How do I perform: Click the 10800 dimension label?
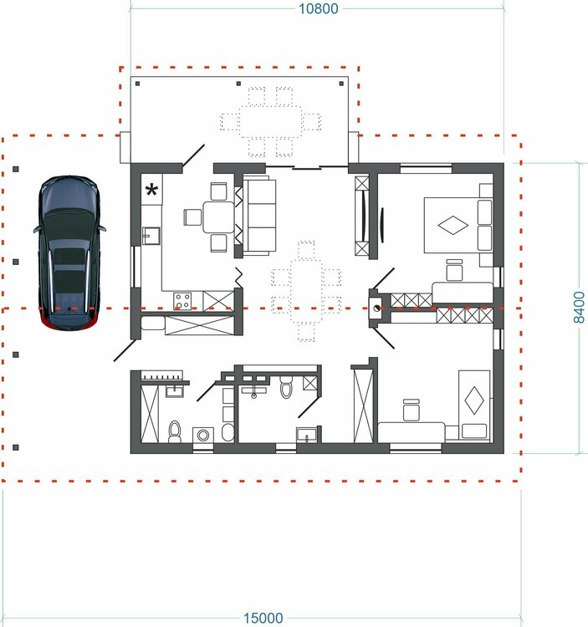(x=319, y=8)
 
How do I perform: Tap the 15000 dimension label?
(x=263, y=618)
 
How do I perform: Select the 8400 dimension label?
(x=579, y=307)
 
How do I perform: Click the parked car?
(x=69, y=253)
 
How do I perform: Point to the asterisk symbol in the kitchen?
(x=152, y=191)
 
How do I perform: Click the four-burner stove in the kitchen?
(x=182, y=301)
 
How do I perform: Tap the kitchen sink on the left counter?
(x=151, y=236)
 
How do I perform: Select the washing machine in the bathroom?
(x=203, y=435)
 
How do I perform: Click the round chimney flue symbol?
(x=376, y=308)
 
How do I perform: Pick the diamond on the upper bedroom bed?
(x=453, y=225)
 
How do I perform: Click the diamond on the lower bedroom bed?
(x=474, y=400)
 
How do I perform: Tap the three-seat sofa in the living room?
(x=260, y=216)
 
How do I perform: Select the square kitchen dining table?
(x=218, y=217)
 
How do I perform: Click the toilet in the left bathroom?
(x=175, y=432)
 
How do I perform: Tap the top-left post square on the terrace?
(x=138, y=84)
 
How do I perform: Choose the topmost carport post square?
(x=16, y=169)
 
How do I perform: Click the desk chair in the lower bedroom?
(x=412, y=410)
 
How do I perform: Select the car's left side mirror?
(x=37, y=229)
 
